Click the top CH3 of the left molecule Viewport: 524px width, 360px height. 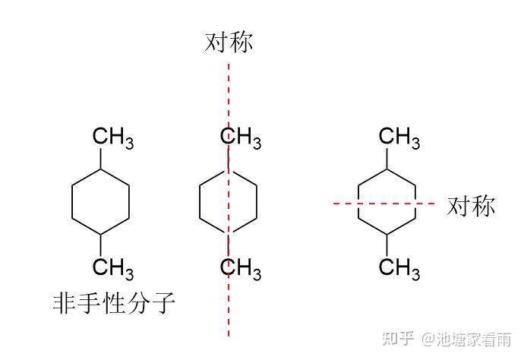point(112,138)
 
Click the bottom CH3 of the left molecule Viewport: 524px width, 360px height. point(112,268)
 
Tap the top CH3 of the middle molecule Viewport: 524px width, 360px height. point(241,138)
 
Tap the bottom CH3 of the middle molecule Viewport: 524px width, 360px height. point(241,268)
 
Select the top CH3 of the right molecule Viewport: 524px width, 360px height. point(399,138)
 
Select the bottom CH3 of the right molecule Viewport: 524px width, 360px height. point(399,268)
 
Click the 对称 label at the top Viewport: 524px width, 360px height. point(229,42)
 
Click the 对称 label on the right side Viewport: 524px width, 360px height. point(471,205)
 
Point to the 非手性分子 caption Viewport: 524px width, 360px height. point(115,304)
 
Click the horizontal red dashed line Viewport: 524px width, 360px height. point(342,204)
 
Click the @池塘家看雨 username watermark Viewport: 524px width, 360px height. point(467,339)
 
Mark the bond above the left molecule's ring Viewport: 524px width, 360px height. point(100,159)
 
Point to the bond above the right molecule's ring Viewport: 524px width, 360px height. point(387,158)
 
